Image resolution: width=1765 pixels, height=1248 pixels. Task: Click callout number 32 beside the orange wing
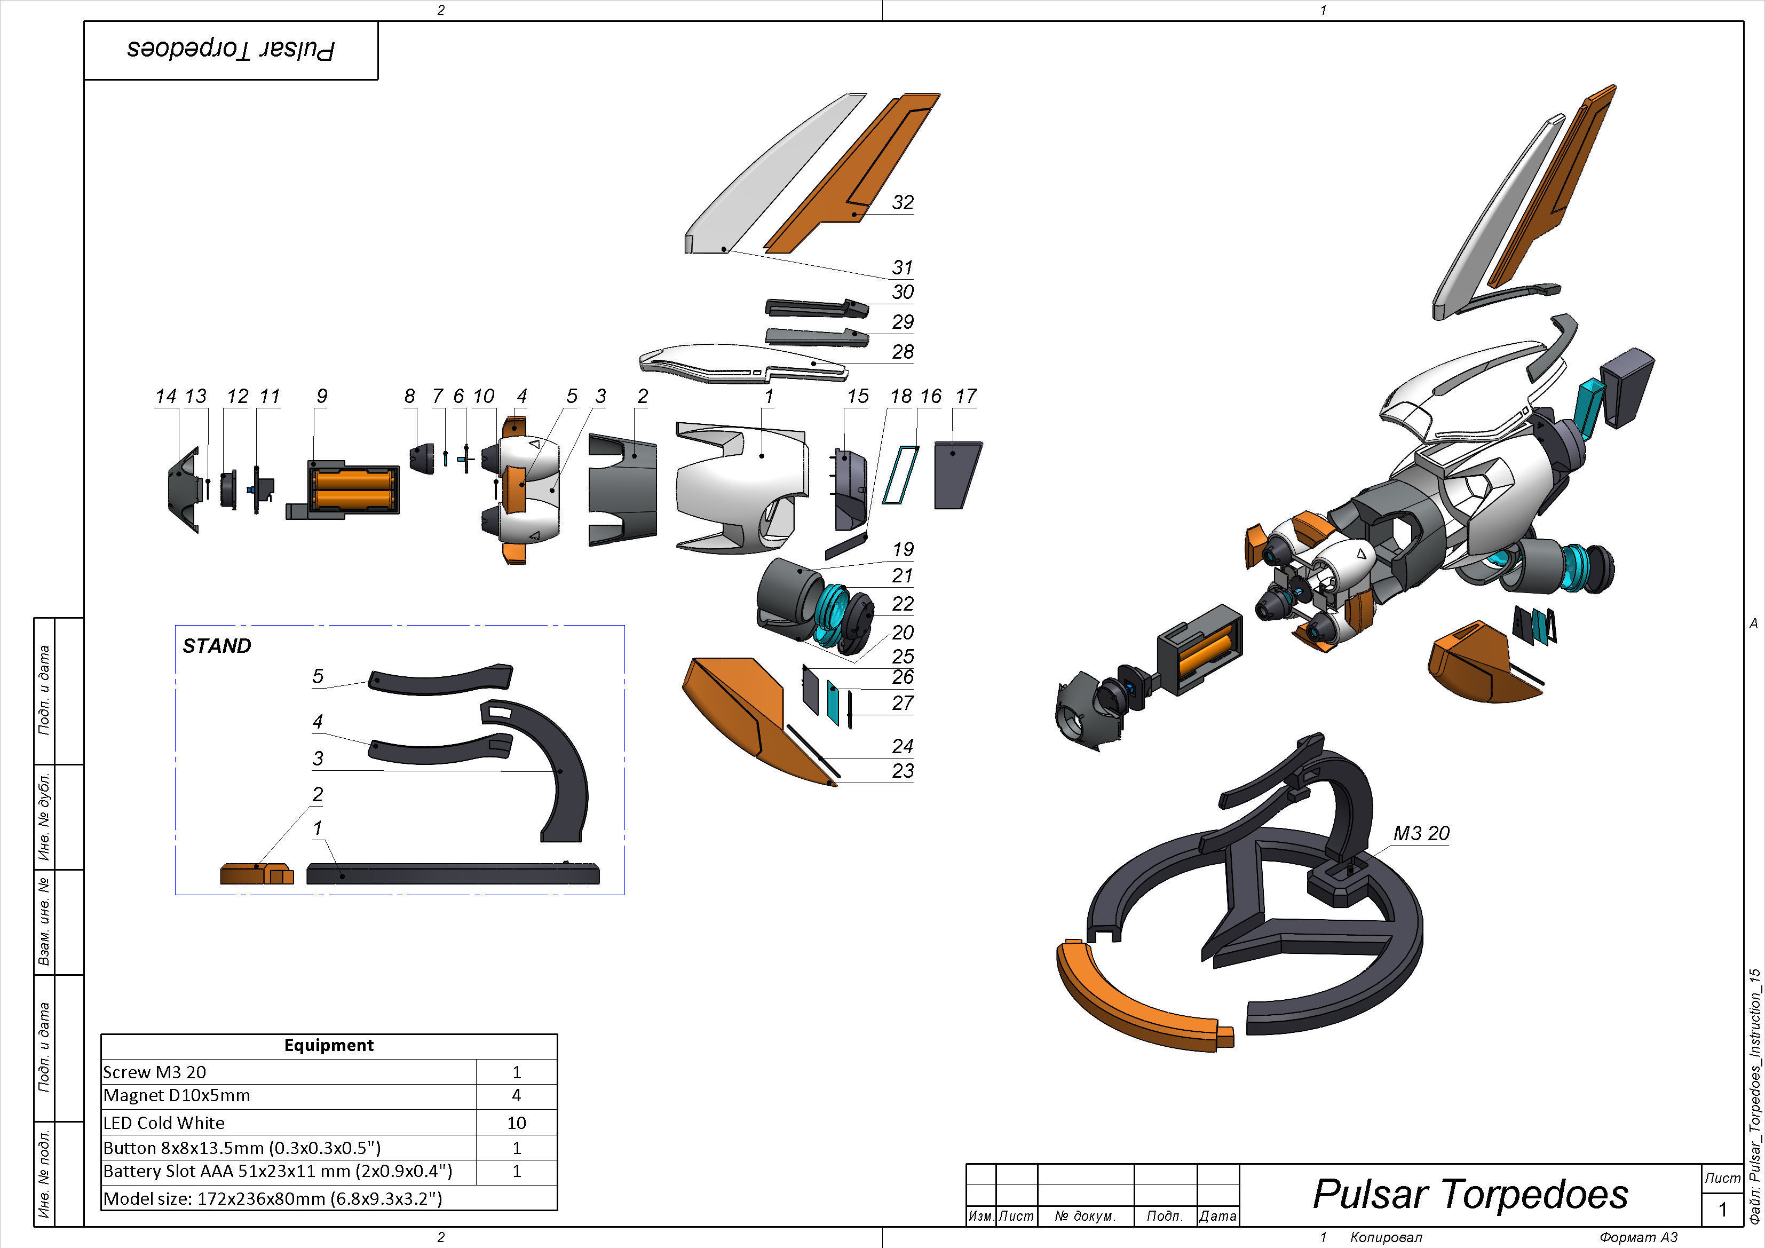(x=903, y=202)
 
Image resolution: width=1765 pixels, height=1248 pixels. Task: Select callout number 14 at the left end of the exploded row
(x=165, y=396)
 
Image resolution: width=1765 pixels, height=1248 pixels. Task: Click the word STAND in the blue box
(x=217, y=646)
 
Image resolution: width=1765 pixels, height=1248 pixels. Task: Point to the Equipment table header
(x=328, y=1045)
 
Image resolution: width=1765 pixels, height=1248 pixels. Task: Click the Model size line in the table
(x=272, y=1198)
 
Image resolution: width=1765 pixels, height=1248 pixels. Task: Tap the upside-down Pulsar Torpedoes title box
(x=231, y=50)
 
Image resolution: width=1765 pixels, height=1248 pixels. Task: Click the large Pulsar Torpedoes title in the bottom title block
(x=1470, y=1194)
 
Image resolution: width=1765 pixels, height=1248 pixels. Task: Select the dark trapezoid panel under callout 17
(x=956, y=475)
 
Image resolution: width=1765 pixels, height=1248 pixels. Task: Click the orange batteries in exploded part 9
(x=354, y=490)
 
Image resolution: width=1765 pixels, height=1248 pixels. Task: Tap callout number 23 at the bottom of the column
(x=903, y=770)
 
